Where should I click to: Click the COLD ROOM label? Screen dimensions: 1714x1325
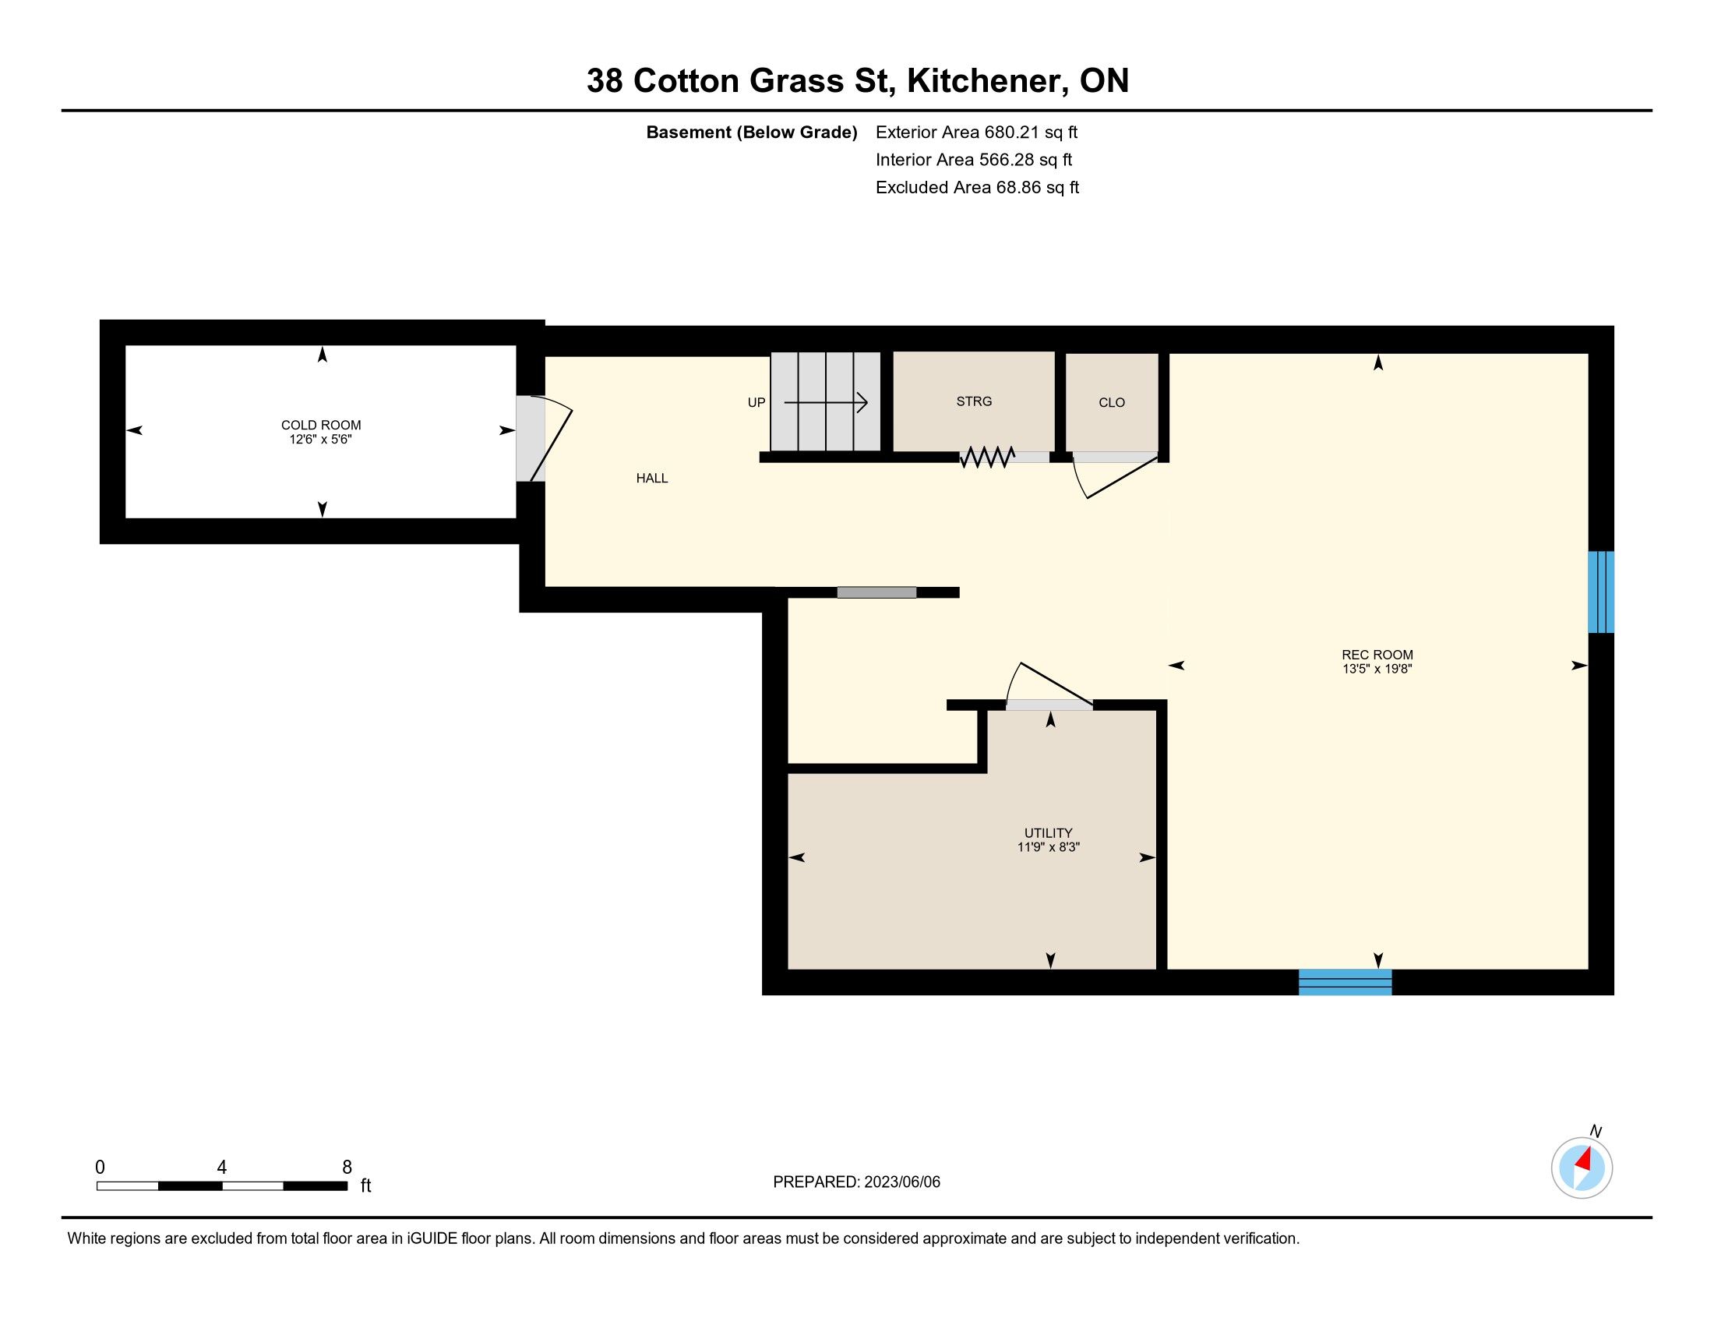(x=321, y=426)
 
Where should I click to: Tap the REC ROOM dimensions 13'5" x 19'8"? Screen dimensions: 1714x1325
(x=1377, y=670)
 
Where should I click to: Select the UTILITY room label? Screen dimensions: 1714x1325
(x=1049, y=833)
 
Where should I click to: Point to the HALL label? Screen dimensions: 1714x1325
(x=652, y=478)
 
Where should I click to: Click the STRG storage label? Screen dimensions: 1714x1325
(x=974, y=401)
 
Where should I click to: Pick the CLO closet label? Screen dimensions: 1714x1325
(x=1112, y=403)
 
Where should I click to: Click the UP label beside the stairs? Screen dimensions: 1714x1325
(x=756, y=403)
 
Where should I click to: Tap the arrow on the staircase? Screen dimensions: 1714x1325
(x=826, y=403)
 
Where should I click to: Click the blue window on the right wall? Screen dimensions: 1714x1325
(x=1601, y=592)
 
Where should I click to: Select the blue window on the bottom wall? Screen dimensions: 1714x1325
(x=1345, y=982)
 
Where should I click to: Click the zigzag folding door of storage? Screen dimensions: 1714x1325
(x=987, y=457)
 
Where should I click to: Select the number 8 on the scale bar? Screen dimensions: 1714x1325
(x=347, y=1168)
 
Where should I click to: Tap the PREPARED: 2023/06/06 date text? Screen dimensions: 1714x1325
(x=856, y=1182)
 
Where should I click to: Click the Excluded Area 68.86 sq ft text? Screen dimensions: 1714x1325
(x=977, y=188)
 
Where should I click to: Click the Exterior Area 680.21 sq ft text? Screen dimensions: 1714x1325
(x=976, y=132)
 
